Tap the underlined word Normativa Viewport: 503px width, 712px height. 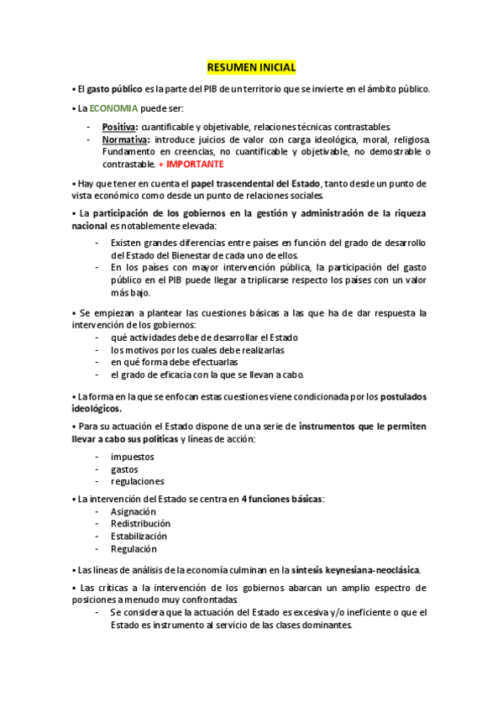tap(125, 139)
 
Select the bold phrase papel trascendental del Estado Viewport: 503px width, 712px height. tap(263, 184)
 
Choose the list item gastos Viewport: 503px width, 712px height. tap(124, 469)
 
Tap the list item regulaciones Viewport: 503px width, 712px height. tap(137, 482)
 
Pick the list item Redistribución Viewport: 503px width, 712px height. tap(140, 524)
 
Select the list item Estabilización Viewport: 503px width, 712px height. tap(139, 537)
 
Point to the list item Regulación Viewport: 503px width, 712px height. tap(134, 549)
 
